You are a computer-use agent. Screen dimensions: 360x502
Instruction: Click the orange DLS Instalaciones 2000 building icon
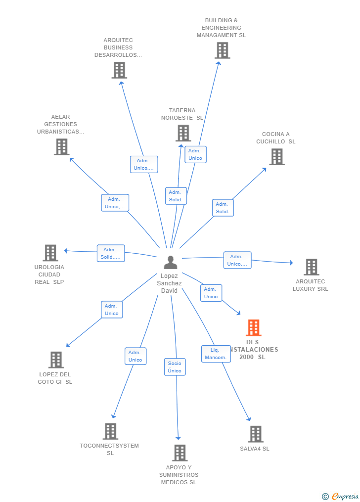point(254,327)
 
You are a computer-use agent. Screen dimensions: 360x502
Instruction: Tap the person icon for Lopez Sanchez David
point(171,262)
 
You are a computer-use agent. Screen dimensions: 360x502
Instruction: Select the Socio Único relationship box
point(175,367)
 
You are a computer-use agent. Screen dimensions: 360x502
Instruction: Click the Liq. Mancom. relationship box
point(216,354)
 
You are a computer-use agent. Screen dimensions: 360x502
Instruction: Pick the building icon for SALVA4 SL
point(256,434)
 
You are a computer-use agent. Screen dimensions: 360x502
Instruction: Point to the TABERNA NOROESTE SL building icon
point(183,133)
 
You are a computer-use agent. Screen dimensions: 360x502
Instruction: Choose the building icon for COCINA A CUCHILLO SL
point(277,157)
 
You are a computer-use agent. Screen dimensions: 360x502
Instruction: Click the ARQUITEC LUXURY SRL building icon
point(312,267)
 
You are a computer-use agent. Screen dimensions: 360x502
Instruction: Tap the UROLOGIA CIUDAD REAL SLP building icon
point(50,253)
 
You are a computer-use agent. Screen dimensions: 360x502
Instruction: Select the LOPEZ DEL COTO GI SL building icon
point(56,360)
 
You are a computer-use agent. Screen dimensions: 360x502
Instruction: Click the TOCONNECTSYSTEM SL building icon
point(110,431)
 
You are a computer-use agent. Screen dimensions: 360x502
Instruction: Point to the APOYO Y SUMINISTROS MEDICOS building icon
point(180,453)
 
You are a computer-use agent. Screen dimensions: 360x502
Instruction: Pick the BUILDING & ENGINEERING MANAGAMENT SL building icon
point(223,50)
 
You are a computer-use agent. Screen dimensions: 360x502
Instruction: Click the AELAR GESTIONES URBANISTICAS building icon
point(61,147)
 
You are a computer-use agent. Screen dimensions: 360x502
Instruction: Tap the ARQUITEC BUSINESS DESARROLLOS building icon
point(119,70)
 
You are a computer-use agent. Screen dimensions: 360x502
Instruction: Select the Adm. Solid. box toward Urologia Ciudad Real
point(111,253)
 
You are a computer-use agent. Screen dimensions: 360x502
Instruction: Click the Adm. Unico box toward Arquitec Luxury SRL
point(237,260)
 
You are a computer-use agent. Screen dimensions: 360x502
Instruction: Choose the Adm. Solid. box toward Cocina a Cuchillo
point(223,208)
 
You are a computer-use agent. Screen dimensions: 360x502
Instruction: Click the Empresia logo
point(340,496)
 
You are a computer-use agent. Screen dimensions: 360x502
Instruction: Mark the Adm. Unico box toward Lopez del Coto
point(112,310)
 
